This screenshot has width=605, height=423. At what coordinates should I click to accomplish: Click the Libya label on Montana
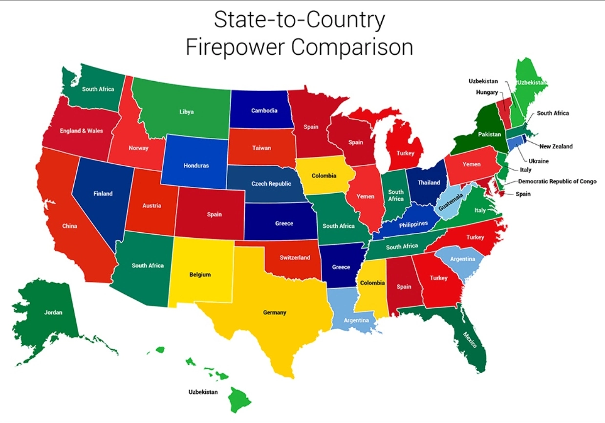tap(186, 112)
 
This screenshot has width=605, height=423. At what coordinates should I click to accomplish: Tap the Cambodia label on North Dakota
tap(264, 111)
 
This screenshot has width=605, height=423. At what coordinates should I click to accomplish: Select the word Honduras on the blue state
tap(196, 166)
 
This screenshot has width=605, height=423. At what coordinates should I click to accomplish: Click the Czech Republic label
tap(271, 184)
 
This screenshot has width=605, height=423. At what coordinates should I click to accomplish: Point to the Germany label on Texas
tap(274, 312)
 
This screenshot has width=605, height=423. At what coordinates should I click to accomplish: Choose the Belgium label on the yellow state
tap(200, 275)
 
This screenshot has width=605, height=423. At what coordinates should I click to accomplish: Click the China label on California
tap(69, 226)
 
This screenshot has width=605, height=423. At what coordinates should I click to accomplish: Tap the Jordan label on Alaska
tap(53, 312)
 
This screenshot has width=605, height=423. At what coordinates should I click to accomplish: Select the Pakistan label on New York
tap(490, 134)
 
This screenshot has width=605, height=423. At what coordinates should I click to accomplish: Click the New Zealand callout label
tap(556, 146)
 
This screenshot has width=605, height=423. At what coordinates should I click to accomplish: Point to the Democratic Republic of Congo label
tap(557, 181)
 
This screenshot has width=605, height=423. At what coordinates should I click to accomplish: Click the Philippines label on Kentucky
tap(413, 224)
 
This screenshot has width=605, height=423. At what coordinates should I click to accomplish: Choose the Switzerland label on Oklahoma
tap(295, 258)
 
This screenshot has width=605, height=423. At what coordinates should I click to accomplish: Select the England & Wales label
tap(82, 131)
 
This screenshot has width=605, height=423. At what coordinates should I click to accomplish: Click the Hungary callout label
tap(487, 92)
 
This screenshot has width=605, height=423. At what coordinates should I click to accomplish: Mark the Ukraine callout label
tap(539, 161)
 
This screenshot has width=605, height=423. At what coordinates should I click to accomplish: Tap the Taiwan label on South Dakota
tap(261, 148)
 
